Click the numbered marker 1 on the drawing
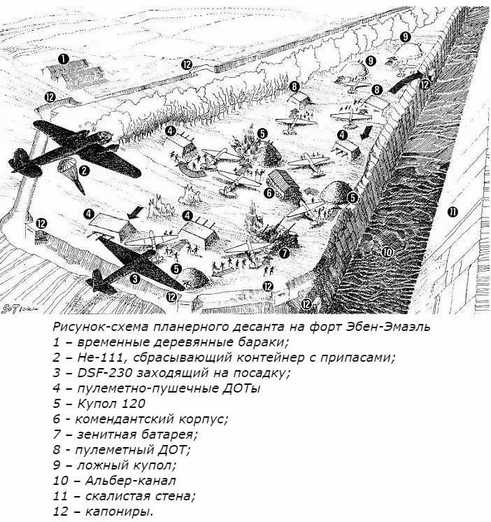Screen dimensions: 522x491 (64, 59)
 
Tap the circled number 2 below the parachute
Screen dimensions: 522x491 (84, 169)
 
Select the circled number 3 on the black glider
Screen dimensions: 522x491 (135, 278)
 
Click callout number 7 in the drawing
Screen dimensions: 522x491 (284, 253)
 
